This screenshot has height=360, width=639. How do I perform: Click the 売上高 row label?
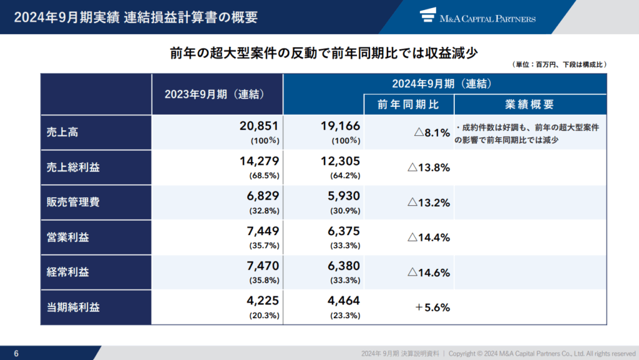62,132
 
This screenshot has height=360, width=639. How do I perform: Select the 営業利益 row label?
67,237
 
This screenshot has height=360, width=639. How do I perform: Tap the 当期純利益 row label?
72,307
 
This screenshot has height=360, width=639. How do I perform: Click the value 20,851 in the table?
259,125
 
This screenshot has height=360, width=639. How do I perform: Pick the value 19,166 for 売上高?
339,125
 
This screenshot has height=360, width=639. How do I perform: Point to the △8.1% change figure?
432,132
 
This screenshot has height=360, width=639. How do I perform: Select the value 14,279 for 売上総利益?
259,161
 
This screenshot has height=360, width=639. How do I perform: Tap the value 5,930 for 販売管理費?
343,196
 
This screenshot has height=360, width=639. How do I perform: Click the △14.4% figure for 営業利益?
429,237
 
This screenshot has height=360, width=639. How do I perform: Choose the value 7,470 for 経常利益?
262,266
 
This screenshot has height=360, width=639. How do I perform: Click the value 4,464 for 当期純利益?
343,301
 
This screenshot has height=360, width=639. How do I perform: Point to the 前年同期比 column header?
409,104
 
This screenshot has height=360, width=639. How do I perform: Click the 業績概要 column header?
529,104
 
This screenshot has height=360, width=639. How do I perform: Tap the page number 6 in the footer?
16,353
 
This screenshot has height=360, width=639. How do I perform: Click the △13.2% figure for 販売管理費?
429,202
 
